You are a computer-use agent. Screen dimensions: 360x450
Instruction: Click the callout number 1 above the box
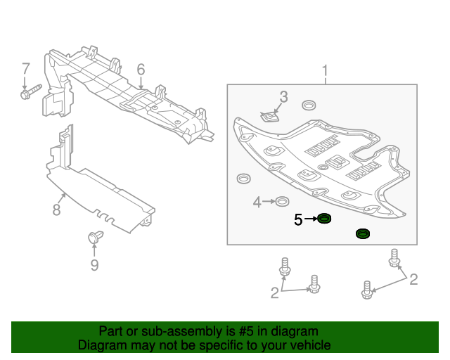click(325, 70)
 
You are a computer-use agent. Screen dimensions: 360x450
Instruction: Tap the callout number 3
click(283, 96)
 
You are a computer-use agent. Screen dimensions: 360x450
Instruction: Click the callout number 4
click(257, 202)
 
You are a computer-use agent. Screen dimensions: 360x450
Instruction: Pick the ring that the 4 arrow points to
click(280, 202)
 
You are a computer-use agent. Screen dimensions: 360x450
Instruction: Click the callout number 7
click(26, 69)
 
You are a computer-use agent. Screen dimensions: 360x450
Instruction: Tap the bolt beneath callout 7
click(30, 91)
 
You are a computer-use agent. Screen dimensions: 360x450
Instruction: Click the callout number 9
click(94, 264)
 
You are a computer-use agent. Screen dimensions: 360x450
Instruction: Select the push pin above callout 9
click(94, 240)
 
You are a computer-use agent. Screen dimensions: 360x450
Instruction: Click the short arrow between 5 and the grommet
click(310, 220)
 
